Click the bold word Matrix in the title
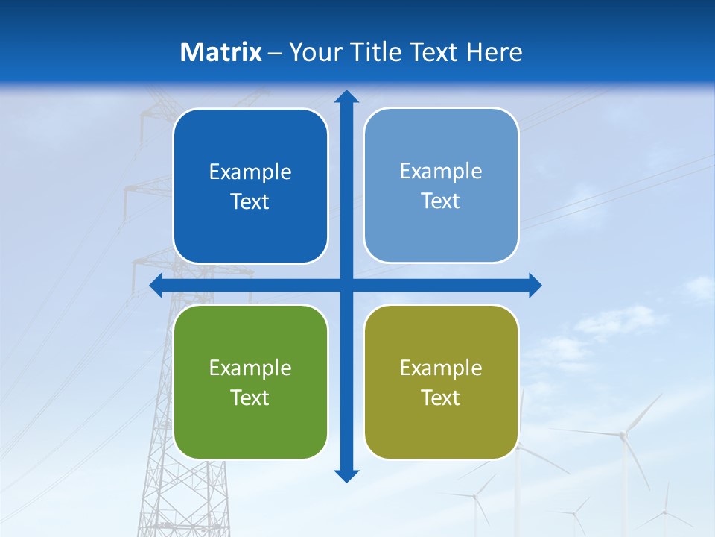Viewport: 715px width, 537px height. click(221, 52)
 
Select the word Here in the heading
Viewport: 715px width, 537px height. click(494, 52)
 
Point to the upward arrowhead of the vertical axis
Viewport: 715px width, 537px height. click(346, 97)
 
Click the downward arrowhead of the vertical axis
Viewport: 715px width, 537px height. click(346, 475)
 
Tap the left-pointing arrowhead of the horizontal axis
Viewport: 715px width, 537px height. click(157, 285)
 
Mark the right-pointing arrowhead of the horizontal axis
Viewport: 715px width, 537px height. click(534, 285)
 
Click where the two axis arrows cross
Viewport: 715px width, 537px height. click(346, 285)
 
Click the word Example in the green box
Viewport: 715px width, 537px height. click(250, 368)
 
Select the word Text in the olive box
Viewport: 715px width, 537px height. click(441, 398)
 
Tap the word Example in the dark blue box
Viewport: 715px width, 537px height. click(250, 172)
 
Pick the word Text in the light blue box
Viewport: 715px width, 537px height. click(441, 201)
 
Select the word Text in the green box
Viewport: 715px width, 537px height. click(250, 398)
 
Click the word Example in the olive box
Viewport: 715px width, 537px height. click(441, 368)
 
